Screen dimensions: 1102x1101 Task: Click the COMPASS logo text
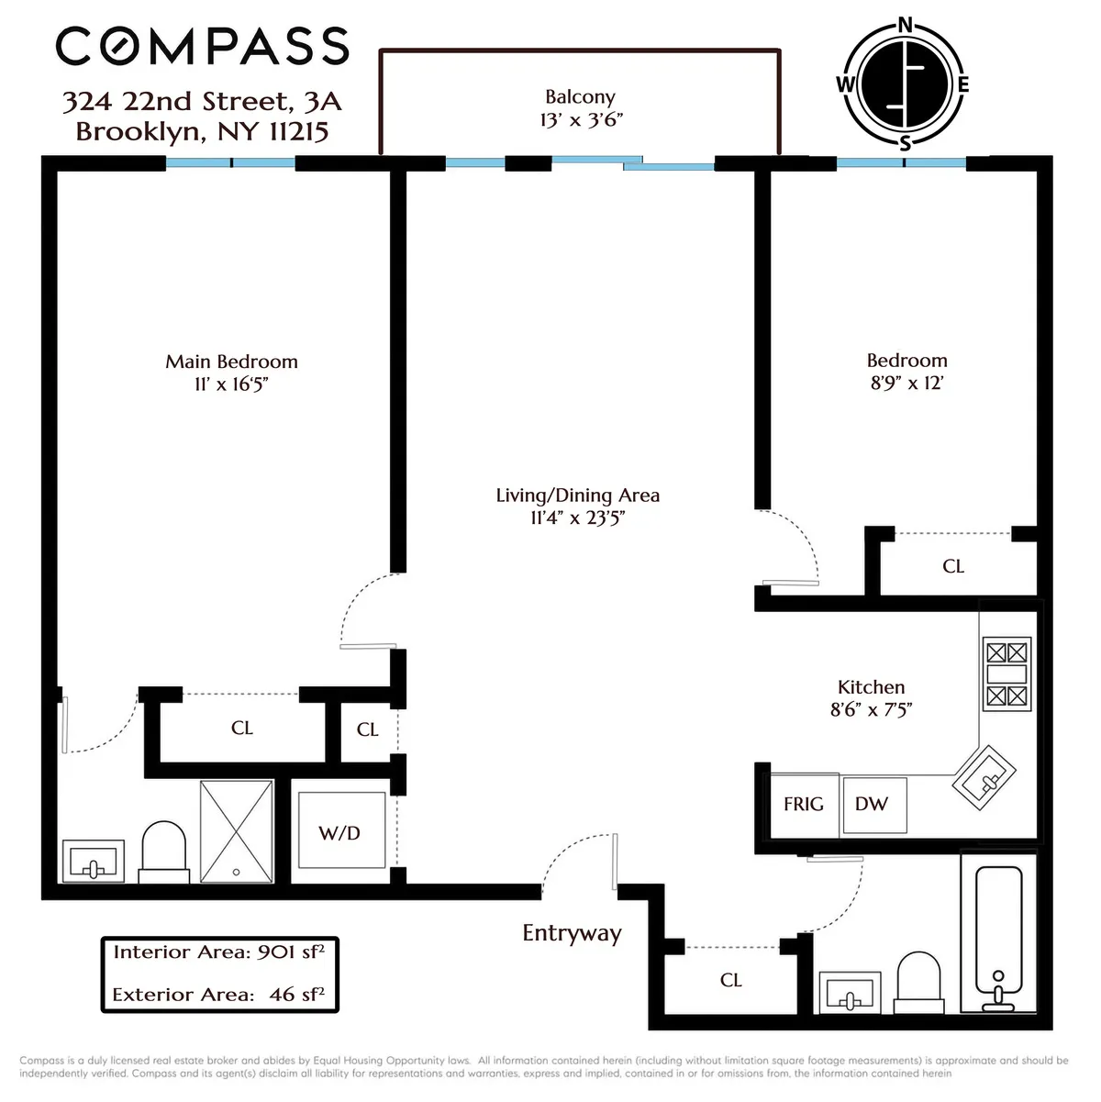202,46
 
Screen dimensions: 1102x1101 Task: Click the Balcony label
580,97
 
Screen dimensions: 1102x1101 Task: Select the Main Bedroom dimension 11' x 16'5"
231,384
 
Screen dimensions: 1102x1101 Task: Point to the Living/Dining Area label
577,495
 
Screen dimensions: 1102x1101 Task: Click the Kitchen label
871,687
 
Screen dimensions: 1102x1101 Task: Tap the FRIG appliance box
803,805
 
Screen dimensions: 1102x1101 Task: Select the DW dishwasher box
873,805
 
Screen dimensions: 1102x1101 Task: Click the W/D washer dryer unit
340,832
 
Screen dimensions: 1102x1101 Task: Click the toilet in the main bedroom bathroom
163,851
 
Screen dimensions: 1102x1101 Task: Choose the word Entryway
572,933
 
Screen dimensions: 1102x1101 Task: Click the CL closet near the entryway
731,980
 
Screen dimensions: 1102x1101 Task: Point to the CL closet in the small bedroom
953,566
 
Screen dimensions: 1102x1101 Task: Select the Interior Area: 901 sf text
218,952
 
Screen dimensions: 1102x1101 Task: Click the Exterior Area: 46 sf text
218,995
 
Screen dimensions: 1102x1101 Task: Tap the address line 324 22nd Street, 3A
202,101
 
